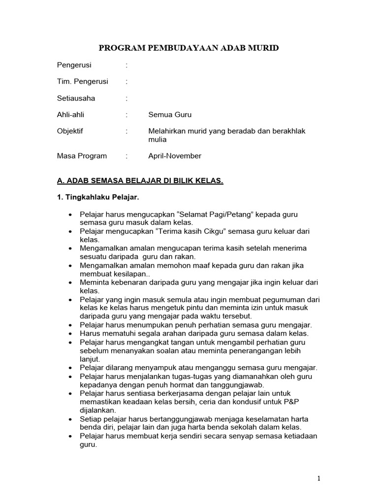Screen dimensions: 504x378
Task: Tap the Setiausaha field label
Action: [x=76, y=98]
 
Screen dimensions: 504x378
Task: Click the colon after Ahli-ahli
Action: [x=126, y=115]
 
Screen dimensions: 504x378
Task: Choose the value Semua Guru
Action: [x=170, y=115]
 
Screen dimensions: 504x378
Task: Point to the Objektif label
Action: [x=70, y=131]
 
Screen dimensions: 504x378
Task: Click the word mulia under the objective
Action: [x=157, y=139]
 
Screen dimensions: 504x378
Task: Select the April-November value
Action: [x=175, y=156]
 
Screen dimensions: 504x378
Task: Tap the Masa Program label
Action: [x=82, y=156]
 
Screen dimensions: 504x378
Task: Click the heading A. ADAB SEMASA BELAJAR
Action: [x=140, y=181]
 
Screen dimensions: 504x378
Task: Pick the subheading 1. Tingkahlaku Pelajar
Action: [x=98, y=197]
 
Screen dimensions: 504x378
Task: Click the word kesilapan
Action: [x=109, y=273]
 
